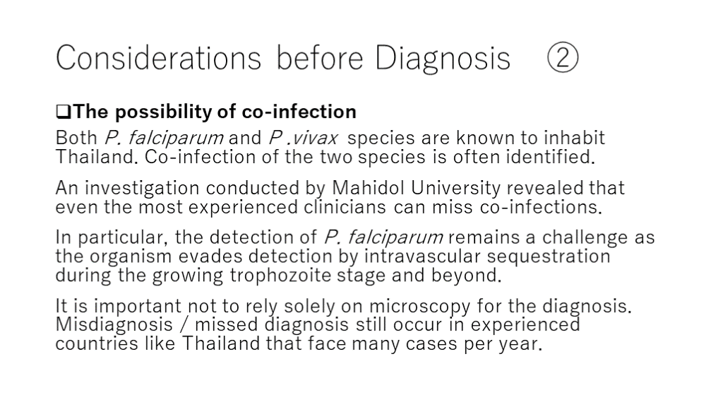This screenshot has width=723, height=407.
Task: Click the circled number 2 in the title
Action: (x=563, y=57)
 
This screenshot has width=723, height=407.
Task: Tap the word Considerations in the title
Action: (x=158, y=58)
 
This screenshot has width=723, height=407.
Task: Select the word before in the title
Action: (x=320, y=58)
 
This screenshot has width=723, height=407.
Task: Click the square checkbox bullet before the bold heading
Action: (x=63, y=112)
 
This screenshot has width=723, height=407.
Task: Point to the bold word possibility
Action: (x=163, y=112)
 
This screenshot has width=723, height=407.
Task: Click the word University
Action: (x=455, y=189)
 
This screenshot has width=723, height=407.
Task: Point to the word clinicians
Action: (x=345, y=207)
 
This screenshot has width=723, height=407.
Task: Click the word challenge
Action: (x=585, y=237)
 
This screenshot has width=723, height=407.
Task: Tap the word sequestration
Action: (x=548, y=257)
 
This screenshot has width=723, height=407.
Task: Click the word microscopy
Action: (x=419, y=307)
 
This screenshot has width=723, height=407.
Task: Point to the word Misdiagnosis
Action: (x=114, y=325)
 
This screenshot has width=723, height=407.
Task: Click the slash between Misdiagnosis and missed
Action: (x=184, y=325)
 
